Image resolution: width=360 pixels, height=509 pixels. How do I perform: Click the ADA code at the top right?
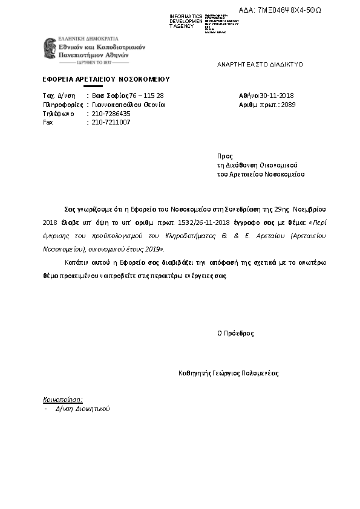coord(289,10)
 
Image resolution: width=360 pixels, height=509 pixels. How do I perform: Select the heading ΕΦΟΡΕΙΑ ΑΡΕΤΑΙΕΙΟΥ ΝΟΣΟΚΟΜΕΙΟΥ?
coord(106,79)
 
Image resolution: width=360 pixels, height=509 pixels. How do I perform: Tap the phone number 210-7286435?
coord(111,114)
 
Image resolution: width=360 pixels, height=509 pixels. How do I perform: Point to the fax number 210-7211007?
coord(111,122)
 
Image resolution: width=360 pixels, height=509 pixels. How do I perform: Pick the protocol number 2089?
coord(289,105)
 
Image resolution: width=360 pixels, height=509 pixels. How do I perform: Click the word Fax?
coord(48,122)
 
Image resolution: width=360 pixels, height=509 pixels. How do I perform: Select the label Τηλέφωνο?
coord(57,114)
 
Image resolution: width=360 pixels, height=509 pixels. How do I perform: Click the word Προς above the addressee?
coord(224,156)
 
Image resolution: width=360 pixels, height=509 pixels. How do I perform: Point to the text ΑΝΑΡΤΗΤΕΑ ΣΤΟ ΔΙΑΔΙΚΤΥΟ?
coord(260,64)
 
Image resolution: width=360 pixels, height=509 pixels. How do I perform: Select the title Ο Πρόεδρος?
coord(236,333)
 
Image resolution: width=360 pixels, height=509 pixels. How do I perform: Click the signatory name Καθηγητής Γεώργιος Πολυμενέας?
coord(229,373)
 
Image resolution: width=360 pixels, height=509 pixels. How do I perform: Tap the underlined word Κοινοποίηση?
coord(62,400)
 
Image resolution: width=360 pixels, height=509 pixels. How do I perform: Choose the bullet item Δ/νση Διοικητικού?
coord(82,409)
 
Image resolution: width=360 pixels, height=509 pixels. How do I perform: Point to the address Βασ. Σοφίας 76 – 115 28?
coord(128,96)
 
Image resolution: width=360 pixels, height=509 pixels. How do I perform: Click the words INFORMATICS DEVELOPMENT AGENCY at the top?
coord(186,21)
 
